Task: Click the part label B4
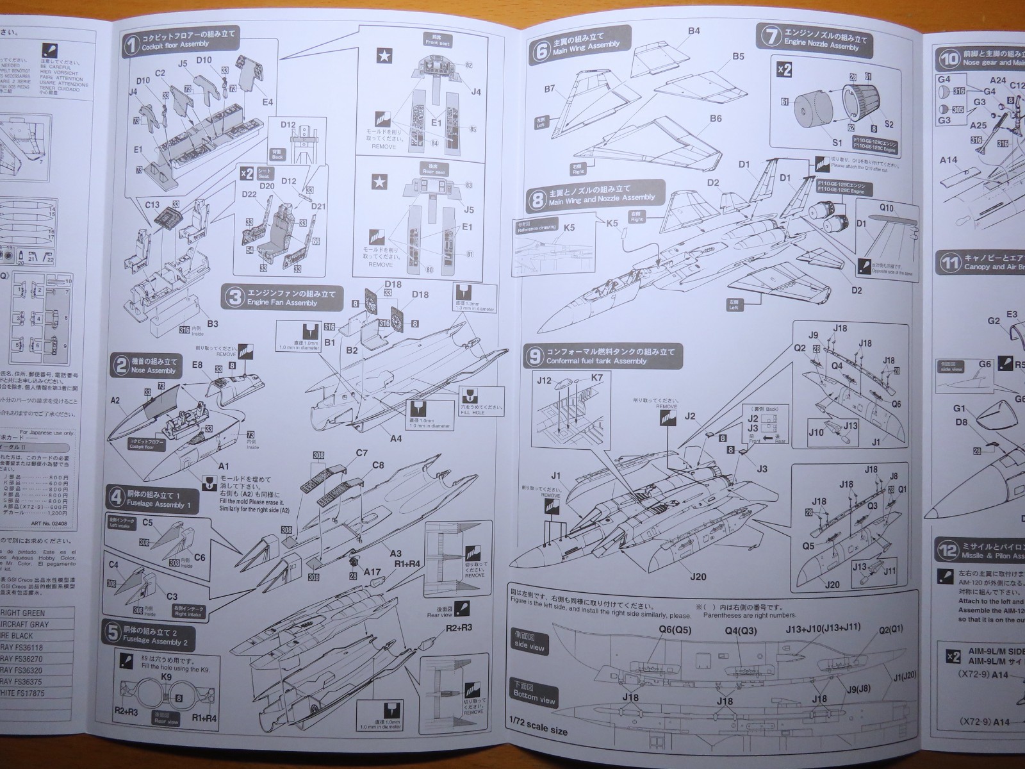(x=694, y=13)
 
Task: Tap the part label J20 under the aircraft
(x=698, y=576)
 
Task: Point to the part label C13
(x=152, y=206)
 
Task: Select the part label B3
(x=213, y=324)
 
